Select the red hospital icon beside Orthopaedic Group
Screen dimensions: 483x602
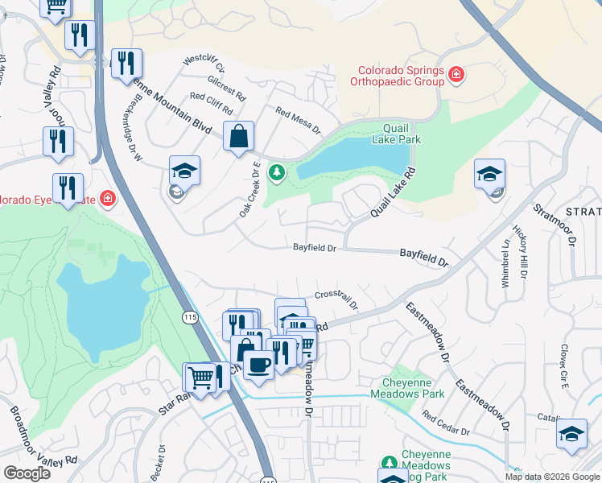(x=456, y=76)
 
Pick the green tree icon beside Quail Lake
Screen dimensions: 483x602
(x=277, y=171)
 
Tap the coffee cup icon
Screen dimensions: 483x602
(x=258, y=365)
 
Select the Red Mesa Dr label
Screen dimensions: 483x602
(x=298, y=121)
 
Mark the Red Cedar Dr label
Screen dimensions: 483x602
(x=445, y=424)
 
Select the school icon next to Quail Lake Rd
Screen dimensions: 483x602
(x=489, y=174)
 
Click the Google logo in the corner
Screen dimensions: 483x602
(x=27, y=473)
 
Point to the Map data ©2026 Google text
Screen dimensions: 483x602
(x=551, y=477)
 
